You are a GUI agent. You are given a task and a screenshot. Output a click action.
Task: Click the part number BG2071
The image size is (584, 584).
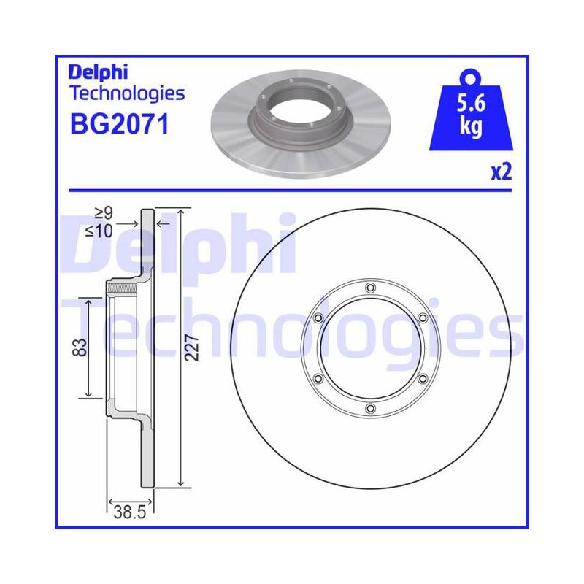pos(120,124)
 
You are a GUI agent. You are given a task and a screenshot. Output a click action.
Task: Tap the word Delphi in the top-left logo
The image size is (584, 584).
pos(98,72)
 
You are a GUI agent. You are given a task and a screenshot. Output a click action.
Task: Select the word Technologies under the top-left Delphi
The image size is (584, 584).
pos(127,94)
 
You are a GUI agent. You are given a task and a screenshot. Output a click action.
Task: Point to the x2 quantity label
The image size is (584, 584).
pos(502,172)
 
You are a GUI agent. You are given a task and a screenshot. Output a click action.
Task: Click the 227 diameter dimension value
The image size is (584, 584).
pos(192,347)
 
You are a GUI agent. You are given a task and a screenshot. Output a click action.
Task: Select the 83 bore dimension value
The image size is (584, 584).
pos(80,347)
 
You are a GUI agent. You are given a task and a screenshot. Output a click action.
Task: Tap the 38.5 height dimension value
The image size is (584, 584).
pos(130,512)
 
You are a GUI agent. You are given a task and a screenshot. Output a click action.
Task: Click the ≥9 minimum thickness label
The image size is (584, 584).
pos(104,214)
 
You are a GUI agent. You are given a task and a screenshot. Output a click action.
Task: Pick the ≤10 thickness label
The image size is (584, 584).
pos(99,231)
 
